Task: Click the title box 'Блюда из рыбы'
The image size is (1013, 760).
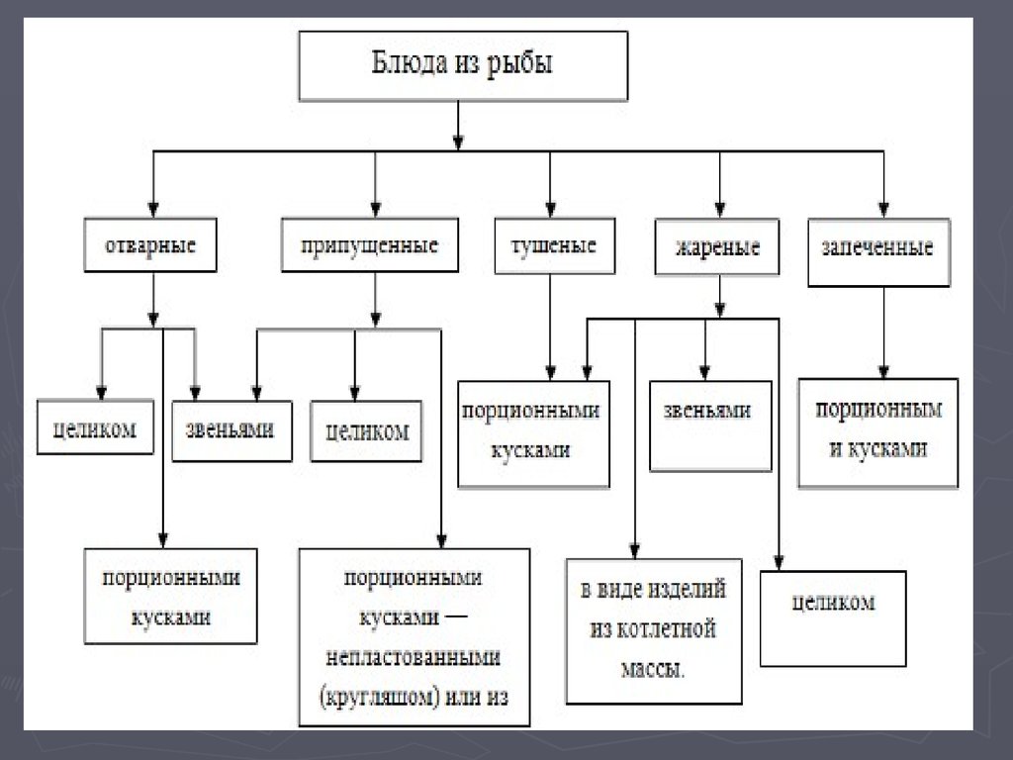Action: pos(463,66)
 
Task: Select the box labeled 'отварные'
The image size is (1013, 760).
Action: pos(150,245)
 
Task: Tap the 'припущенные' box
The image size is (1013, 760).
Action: pos(370,245)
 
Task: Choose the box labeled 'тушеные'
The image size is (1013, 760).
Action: pos(554,245)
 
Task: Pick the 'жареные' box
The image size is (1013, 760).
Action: pos(716,246)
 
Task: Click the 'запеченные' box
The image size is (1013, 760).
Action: pos(878,252)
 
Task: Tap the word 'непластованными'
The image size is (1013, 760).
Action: pos(414,658)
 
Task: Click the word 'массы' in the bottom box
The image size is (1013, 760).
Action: pos(650,669)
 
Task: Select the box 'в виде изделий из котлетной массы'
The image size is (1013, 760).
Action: pos(654,631)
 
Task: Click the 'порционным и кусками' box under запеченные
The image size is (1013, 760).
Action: pos(878,433)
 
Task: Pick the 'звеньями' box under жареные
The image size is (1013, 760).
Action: pos(710,426)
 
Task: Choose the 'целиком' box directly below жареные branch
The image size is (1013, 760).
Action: pos(833,618)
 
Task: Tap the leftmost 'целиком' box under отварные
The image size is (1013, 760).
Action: pos(95,427)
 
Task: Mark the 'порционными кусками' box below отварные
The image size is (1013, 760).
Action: pos(170,596)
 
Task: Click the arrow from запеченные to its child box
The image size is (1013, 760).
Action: pos(883,332)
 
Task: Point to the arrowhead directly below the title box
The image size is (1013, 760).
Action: pos(458,142)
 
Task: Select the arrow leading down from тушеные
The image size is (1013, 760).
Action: pos(550,327)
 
